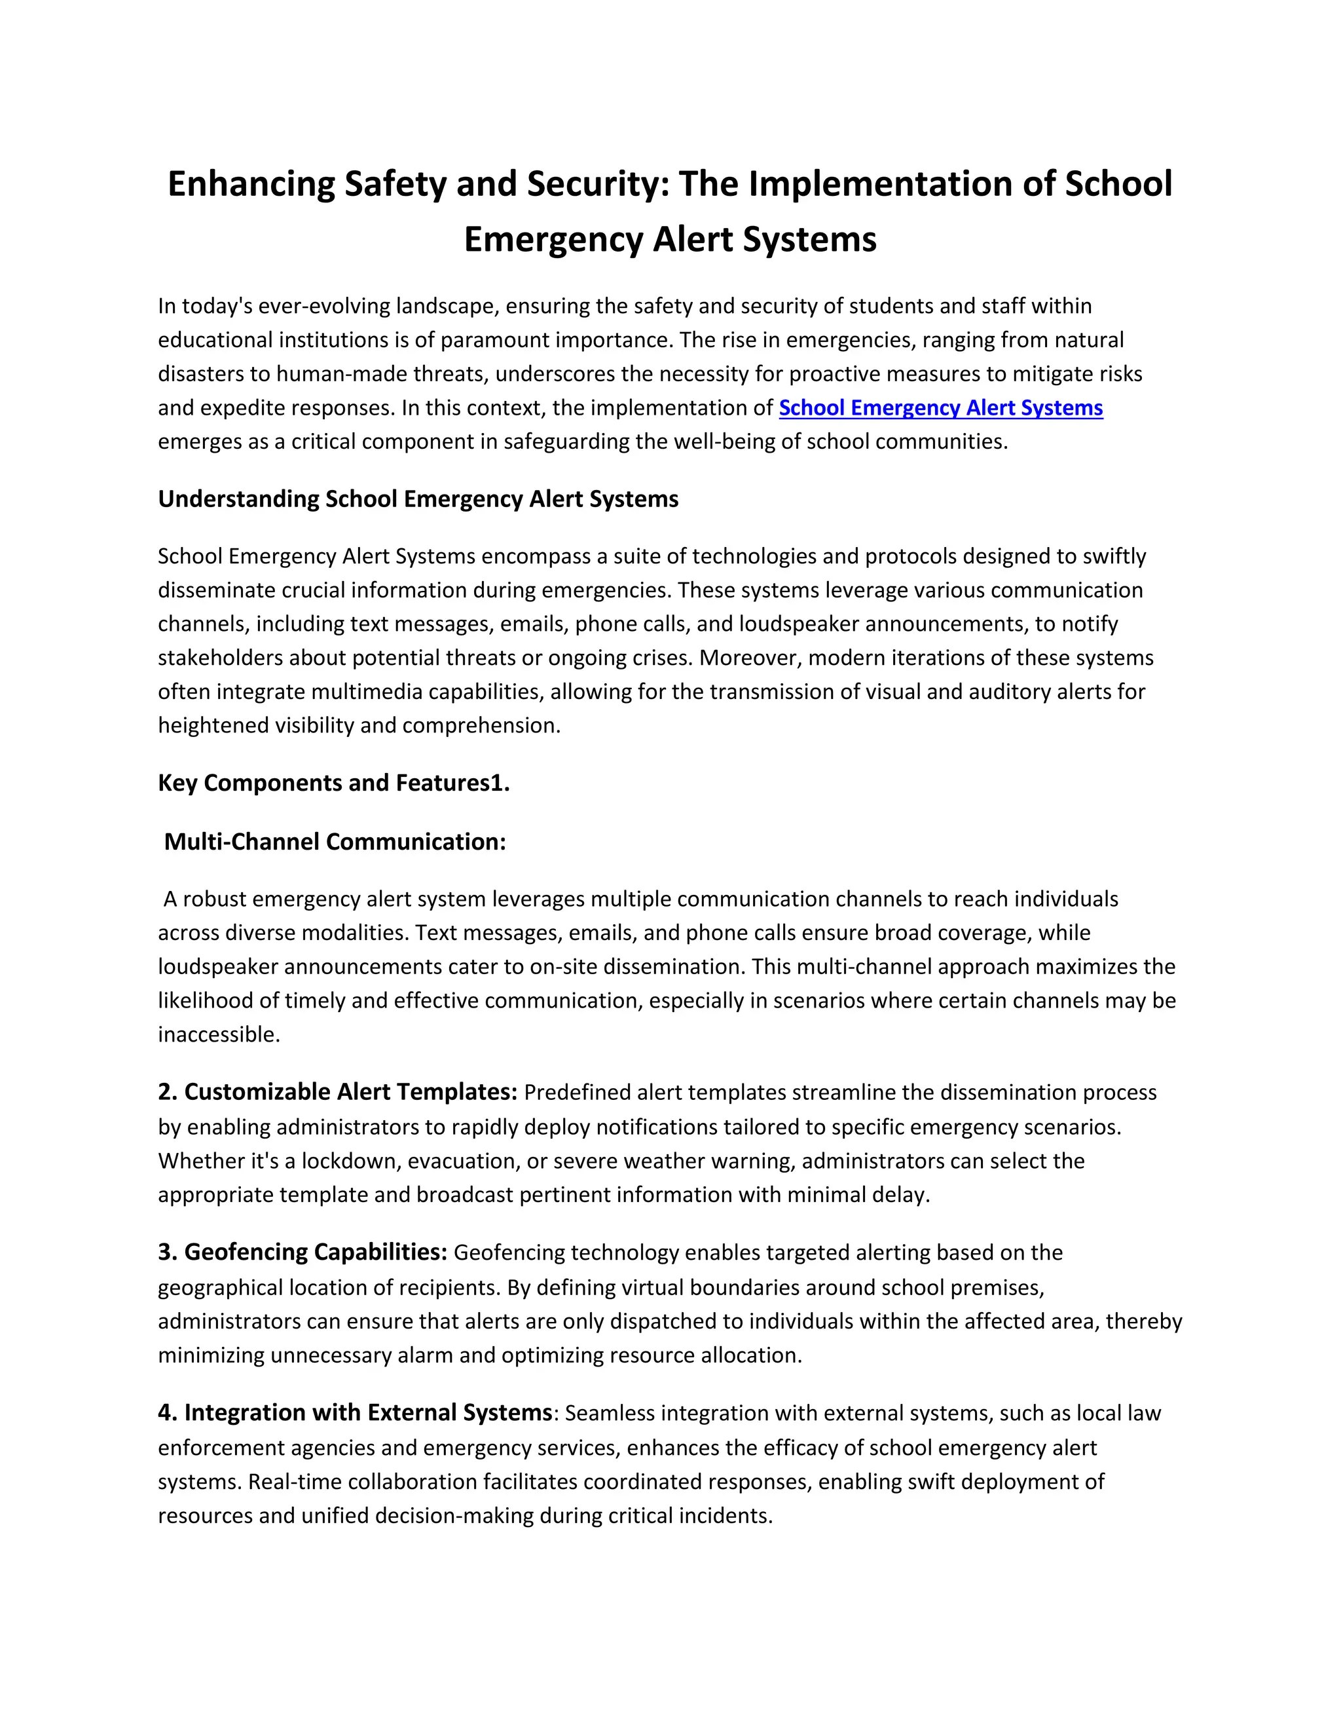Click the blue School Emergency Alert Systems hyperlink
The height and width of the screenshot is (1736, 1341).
tap(941, 407)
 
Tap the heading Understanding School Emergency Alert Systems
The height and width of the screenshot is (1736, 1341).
tap(418, 499)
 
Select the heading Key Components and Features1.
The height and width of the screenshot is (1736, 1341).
tap(334, 783)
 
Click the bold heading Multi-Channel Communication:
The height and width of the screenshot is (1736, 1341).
tap(335, 842)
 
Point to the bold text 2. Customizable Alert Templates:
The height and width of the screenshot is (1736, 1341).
tap(338, 1092)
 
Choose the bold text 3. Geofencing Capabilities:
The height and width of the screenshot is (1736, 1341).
tap(303, 1253)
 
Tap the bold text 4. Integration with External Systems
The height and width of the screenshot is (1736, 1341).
tap(355, 1413)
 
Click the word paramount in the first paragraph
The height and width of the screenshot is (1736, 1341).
tap(495, 340)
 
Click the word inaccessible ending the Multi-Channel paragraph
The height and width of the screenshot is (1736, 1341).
tap(219, 1035)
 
